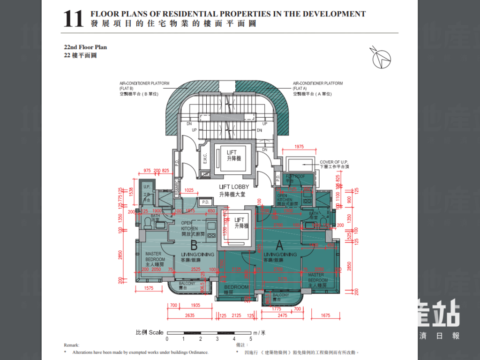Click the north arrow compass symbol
[381, 58]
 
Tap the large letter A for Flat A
[280, 245]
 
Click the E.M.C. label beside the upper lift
[205, 159]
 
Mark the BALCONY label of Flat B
[187, 285]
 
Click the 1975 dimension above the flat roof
[300, 147]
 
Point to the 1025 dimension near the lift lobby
[189, 190]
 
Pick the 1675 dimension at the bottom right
[327, 315]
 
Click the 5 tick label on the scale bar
[250, 339]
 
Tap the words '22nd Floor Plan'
[85, 47]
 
